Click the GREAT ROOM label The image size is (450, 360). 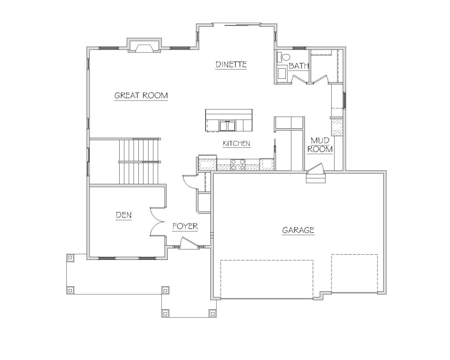[141, 95]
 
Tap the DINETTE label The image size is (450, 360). [231, 64]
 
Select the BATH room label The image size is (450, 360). [298, 66]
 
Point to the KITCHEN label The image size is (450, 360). [237, 143]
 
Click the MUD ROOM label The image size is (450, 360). [320, 145]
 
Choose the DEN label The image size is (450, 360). [124, 215]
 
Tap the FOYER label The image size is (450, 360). [185, 226]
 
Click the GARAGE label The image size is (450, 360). [298, 230]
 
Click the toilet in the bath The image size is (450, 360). [283, 57]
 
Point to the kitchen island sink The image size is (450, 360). [227, 126]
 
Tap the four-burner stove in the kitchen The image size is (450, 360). [238, 165]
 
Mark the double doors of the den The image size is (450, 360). [157, 222]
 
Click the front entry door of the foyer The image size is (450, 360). [189, 242]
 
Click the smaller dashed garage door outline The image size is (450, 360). [354, 273]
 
